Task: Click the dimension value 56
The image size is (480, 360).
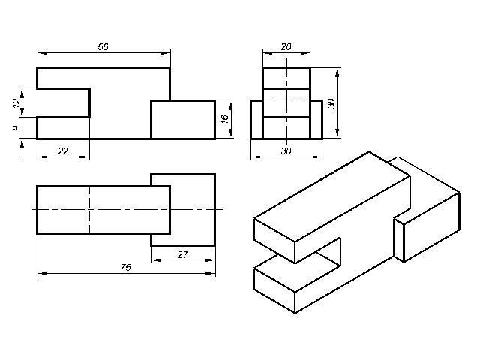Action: [x=103, y=46]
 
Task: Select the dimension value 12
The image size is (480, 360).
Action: [x=16, y=103]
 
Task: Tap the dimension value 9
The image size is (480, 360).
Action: [x=16, y=128]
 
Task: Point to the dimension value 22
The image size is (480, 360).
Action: [x=63, y=151]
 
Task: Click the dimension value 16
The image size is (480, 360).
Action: [x=224, y=119]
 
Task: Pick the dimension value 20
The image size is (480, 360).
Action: [x=286, y=46]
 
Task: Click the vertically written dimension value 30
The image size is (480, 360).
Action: [x=331, y=103]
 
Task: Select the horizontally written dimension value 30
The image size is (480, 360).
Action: [x=286, y=151]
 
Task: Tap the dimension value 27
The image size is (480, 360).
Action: [x=182, y=254]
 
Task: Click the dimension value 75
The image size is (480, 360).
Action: [x=125, y=268]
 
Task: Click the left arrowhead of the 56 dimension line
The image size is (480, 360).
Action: [x=40, y=52]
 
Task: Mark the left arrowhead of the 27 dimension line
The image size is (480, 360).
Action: [x=154, y=260]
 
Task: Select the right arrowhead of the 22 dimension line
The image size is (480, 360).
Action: [x=86, y=157]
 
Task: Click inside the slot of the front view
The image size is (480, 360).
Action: [x=63, y=103]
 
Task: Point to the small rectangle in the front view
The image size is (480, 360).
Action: [x=183, y=119]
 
